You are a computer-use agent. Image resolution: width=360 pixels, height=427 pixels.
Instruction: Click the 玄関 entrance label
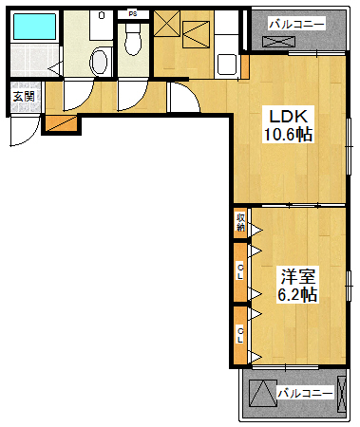coord(23,97)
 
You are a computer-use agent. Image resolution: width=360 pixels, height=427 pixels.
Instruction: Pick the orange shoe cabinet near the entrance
coord(60,121)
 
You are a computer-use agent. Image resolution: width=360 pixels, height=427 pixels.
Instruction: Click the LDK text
coord(288,116)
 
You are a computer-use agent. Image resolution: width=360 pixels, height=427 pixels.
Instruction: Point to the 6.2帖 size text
coord(296,295)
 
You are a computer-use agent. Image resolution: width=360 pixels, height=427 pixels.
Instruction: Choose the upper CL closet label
coord(241,272)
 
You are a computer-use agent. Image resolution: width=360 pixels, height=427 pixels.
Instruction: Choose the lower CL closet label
coord(241,334)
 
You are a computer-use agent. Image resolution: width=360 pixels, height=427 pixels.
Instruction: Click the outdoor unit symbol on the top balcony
coord(282,42)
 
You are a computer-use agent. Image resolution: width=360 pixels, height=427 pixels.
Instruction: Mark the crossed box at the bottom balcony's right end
coord(341,391)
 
